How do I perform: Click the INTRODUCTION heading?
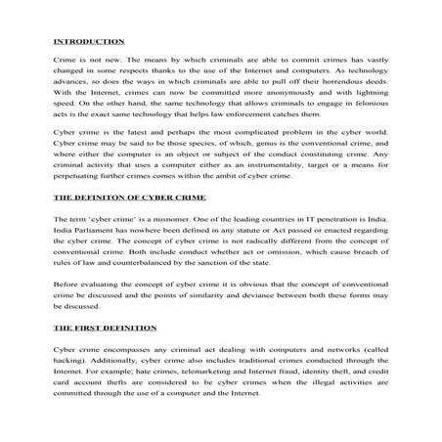88,41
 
